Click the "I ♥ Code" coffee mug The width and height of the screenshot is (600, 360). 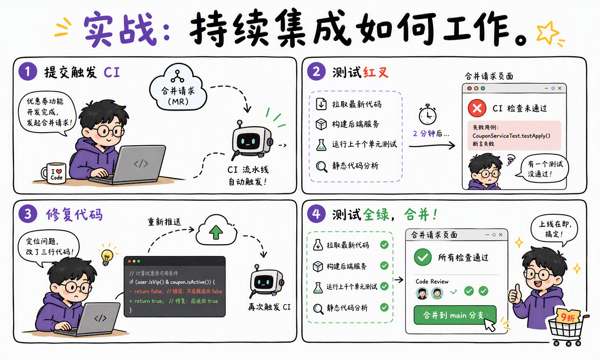(x=54, y=173)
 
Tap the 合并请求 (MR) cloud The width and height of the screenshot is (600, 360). (x=178, y=88)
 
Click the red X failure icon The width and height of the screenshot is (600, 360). (x=477, y=108)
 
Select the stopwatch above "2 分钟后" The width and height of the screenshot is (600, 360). (x=427, y=115)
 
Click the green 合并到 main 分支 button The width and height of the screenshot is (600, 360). (x=455, y=315)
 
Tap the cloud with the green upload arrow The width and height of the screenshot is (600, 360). (x=217, y=230)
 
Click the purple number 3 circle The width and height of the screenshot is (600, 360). (x=28, y=214)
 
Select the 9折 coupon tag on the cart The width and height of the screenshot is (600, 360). (x=568, y=317)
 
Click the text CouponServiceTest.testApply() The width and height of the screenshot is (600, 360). (x=511, y=136)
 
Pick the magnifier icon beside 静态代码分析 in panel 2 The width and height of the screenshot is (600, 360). (x=322, y=166)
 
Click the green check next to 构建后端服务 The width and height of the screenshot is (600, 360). (x=384, y=265)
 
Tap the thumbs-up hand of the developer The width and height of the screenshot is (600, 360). (x=515, y=294)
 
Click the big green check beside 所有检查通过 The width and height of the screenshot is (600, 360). (x=423, y=257)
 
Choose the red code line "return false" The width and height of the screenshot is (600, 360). (x=176, y=291)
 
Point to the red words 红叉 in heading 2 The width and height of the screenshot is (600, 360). (x=376, y=72)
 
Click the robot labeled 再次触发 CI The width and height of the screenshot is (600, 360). (x=267, y=281)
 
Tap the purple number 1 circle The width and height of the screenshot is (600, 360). (x=28, y=71)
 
